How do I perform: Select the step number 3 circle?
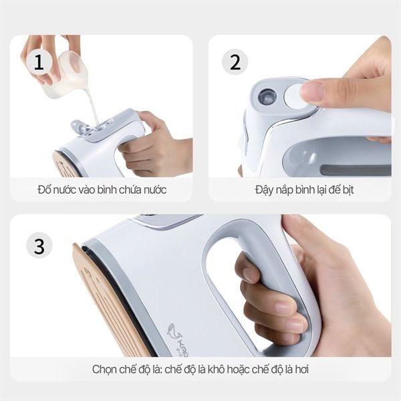point(39,245)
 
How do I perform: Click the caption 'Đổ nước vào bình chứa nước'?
point(102,190)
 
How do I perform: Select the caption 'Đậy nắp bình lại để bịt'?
point(304,190)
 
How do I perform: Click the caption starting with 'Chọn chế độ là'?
point(200,369)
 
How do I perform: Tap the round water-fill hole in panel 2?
point(267,96)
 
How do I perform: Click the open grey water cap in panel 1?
point(81,126)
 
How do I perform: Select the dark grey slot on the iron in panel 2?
point(354,170)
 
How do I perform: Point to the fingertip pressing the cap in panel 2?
point(312,92)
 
